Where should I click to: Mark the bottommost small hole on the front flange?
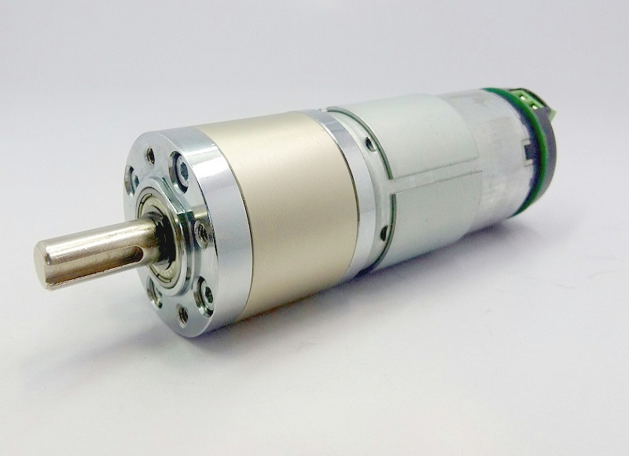point(183,316)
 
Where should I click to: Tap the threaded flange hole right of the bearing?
point(201,232)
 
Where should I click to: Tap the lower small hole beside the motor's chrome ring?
point(383,233)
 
